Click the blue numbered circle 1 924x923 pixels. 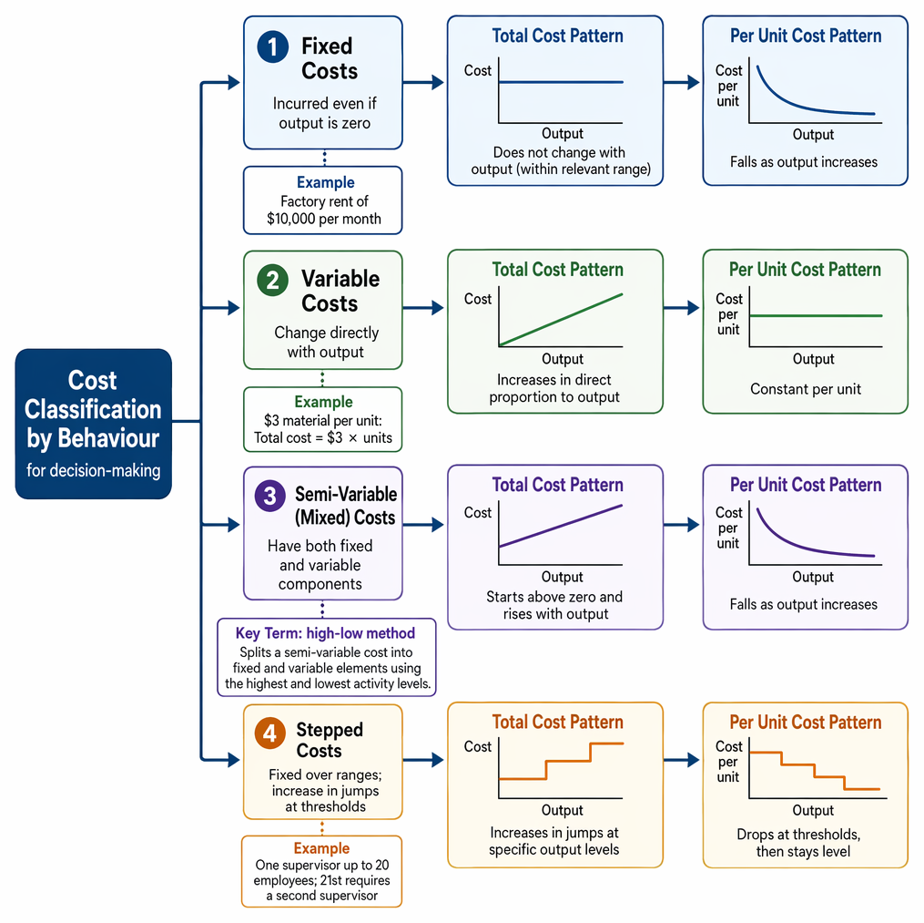[x=273, y=46]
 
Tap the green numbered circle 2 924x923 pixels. [x=273, y=280]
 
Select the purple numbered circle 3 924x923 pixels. [x=269, y=496]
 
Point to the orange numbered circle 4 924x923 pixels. [x=269, y=733]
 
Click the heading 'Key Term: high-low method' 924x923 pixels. [x=325, y=633]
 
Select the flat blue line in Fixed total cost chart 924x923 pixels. [x=561, y=82]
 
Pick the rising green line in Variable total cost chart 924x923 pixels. [x=561, y=319]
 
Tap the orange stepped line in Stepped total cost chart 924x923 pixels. [x=561, y=762]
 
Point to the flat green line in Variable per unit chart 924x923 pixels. [x=816, y=315]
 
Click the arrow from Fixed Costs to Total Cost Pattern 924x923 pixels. [x=423, y=82]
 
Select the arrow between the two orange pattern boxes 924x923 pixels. [x=682, y=760]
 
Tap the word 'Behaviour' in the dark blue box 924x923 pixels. [x=108, y=438]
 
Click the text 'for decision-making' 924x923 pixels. [x=93, y=470]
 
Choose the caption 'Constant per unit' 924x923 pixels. [x=806, y=389]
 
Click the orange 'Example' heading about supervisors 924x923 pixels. [x=321, y=848]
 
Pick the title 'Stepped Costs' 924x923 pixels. [x=330, y=740]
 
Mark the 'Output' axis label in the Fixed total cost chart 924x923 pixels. [x=563, y=133]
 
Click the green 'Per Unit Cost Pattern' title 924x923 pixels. [x=805, y=270]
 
